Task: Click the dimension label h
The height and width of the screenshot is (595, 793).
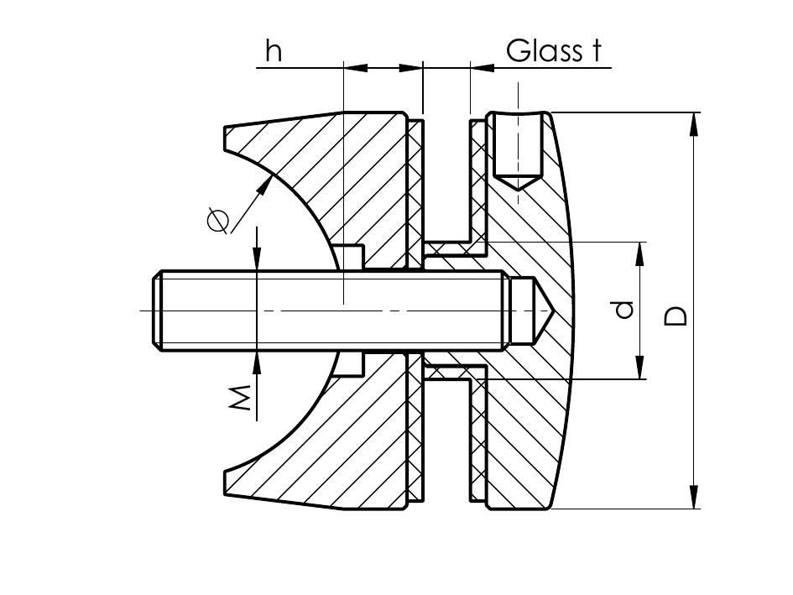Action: click(274, 52)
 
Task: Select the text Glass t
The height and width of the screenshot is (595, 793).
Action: click(555, 51)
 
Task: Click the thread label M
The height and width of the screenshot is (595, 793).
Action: click(241, 398)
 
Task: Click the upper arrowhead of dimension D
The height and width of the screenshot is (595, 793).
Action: click(693, 123)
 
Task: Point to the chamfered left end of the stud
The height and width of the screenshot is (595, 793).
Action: click(156, 311)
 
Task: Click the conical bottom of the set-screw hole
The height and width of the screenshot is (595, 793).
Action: click(518, 182)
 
